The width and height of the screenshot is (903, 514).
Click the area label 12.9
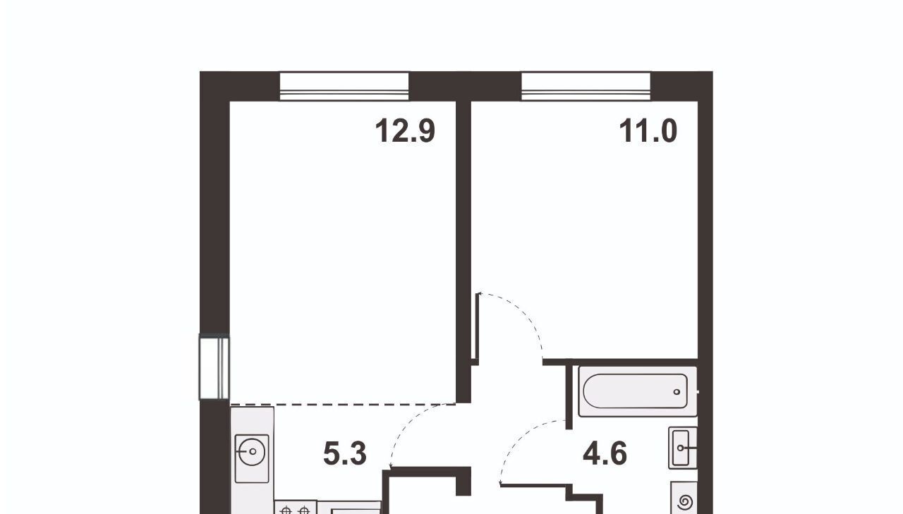click(x=405, y=131)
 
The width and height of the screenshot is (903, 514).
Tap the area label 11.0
click(x=648, y=131)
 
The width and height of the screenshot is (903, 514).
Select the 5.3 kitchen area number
click(x=345, y=453)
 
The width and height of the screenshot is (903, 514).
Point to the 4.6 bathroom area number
click(x=605, y=453)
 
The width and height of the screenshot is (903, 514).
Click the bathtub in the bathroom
click(x=637, y=391)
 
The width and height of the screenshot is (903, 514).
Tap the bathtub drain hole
click(x=677, y=392)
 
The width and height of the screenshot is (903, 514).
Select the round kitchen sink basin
click(x=252, y=451)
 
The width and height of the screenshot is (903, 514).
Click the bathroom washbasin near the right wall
click(x=682, y=448)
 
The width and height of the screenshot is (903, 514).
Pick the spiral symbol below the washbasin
click(x=684, y=502)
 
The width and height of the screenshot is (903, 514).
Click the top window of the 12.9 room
click(x=344, y=86)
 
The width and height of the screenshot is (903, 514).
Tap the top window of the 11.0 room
click(x=586, y=86)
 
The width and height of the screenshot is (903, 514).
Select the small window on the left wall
click(x=214, y=367)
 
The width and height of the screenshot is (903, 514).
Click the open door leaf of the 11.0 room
click(x=477, y=329)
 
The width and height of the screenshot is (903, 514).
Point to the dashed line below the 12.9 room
click(x=343, y=404)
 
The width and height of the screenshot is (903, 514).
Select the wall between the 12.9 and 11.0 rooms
click(x=463, y=252)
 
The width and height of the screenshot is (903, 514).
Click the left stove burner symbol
click(x=286, y=510)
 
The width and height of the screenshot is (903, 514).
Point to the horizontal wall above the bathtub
click(x=620, y=362)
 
